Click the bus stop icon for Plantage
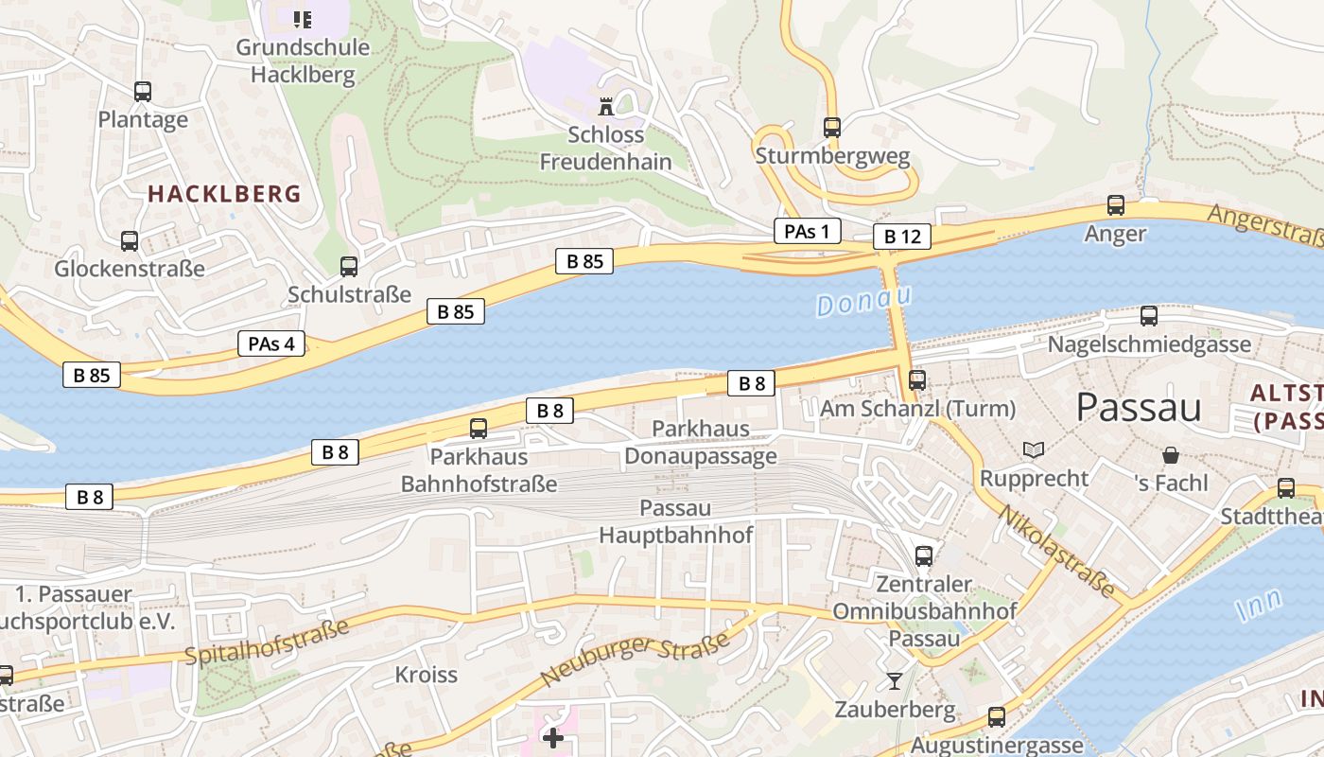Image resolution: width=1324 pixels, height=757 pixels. tap(143, 92)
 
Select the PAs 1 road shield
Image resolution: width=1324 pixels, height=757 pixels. tap(808, 231)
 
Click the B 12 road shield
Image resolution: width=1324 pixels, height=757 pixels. tap(901, 237)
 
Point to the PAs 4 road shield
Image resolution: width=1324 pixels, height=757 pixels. tap(271, 343)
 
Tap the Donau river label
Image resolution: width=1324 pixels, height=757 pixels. tap(862, 301)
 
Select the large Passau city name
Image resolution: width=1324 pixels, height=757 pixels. tap(1139, 407)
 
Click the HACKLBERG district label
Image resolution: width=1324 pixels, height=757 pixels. tap(224, 194)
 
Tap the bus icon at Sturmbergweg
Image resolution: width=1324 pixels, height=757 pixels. tap(832, 127)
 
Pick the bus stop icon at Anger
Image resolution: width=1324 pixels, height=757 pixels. tap(1116, 205)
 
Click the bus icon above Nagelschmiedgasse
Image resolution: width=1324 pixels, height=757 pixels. tap(1149, 316)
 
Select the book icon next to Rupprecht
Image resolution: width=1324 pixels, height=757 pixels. tap(1034, 449)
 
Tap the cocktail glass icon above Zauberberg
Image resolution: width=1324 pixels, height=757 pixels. tap(895, 680)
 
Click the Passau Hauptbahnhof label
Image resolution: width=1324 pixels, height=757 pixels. tap(675, 521)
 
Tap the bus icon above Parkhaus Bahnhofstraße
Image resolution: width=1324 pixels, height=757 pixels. tap(479, 429)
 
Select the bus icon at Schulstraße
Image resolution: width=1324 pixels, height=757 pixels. tap(349, 267)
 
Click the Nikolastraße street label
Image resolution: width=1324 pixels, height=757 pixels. tap(1056, 553)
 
